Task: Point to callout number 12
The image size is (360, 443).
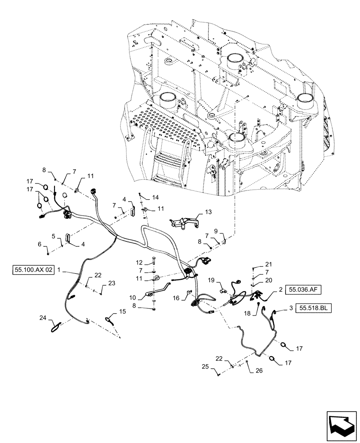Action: (x=138, y=262)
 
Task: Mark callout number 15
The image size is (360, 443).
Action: (x=122, y=312)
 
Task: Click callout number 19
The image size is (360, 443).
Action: (x=212, y=280)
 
